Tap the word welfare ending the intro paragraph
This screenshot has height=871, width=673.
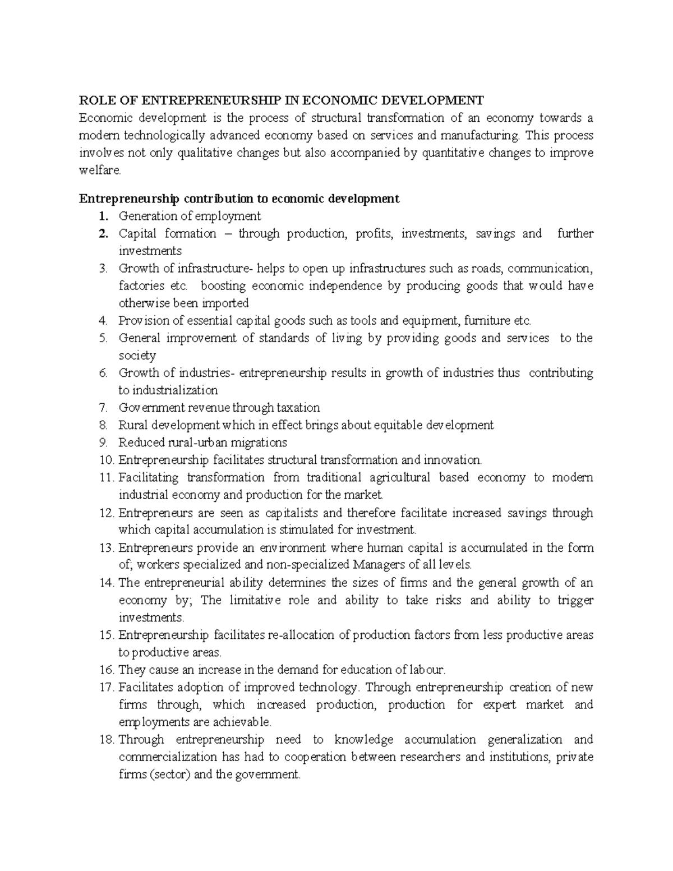coord(100,170)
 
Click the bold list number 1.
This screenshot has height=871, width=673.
coord(102,216)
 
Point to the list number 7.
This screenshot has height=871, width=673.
coord(102,408)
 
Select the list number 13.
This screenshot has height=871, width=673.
coord(105,547)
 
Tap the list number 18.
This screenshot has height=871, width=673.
coord(105,740)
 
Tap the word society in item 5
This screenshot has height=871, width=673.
coord(137,356)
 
